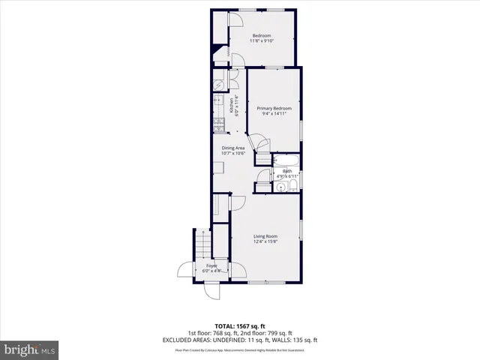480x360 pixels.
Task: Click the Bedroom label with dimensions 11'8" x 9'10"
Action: [261, 39]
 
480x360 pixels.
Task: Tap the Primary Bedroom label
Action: [274, 111]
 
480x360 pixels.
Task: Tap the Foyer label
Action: [212, 267]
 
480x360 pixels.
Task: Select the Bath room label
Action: [287, 173]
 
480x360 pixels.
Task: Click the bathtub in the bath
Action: [286, 160]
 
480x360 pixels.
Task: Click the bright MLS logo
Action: [30, 349]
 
